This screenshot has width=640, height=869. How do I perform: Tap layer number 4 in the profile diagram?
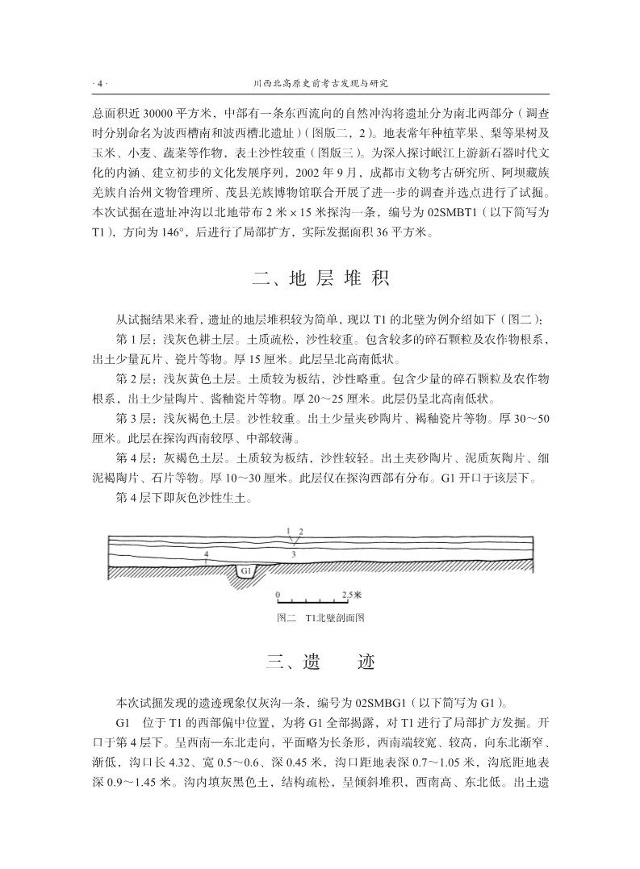click(207, 554)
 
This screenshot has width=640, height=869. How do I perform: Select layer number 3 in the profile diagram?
click(293, 554)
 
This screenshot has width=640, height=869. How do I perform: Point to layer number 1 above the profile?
click(288, 530)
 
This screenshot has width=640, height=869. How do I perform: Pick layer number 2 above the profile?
click(300, 530)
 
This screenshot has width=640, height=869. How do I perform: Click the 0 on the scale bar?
click(278, 594)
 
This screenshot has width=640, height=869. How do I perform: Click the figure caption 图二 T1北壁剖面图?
click(320, 618)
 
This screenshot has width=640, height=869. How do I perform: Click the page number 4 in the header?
click(100, 83)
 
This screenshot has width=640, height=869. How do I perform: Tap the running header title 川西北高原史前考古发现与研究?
click(320, 83)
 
